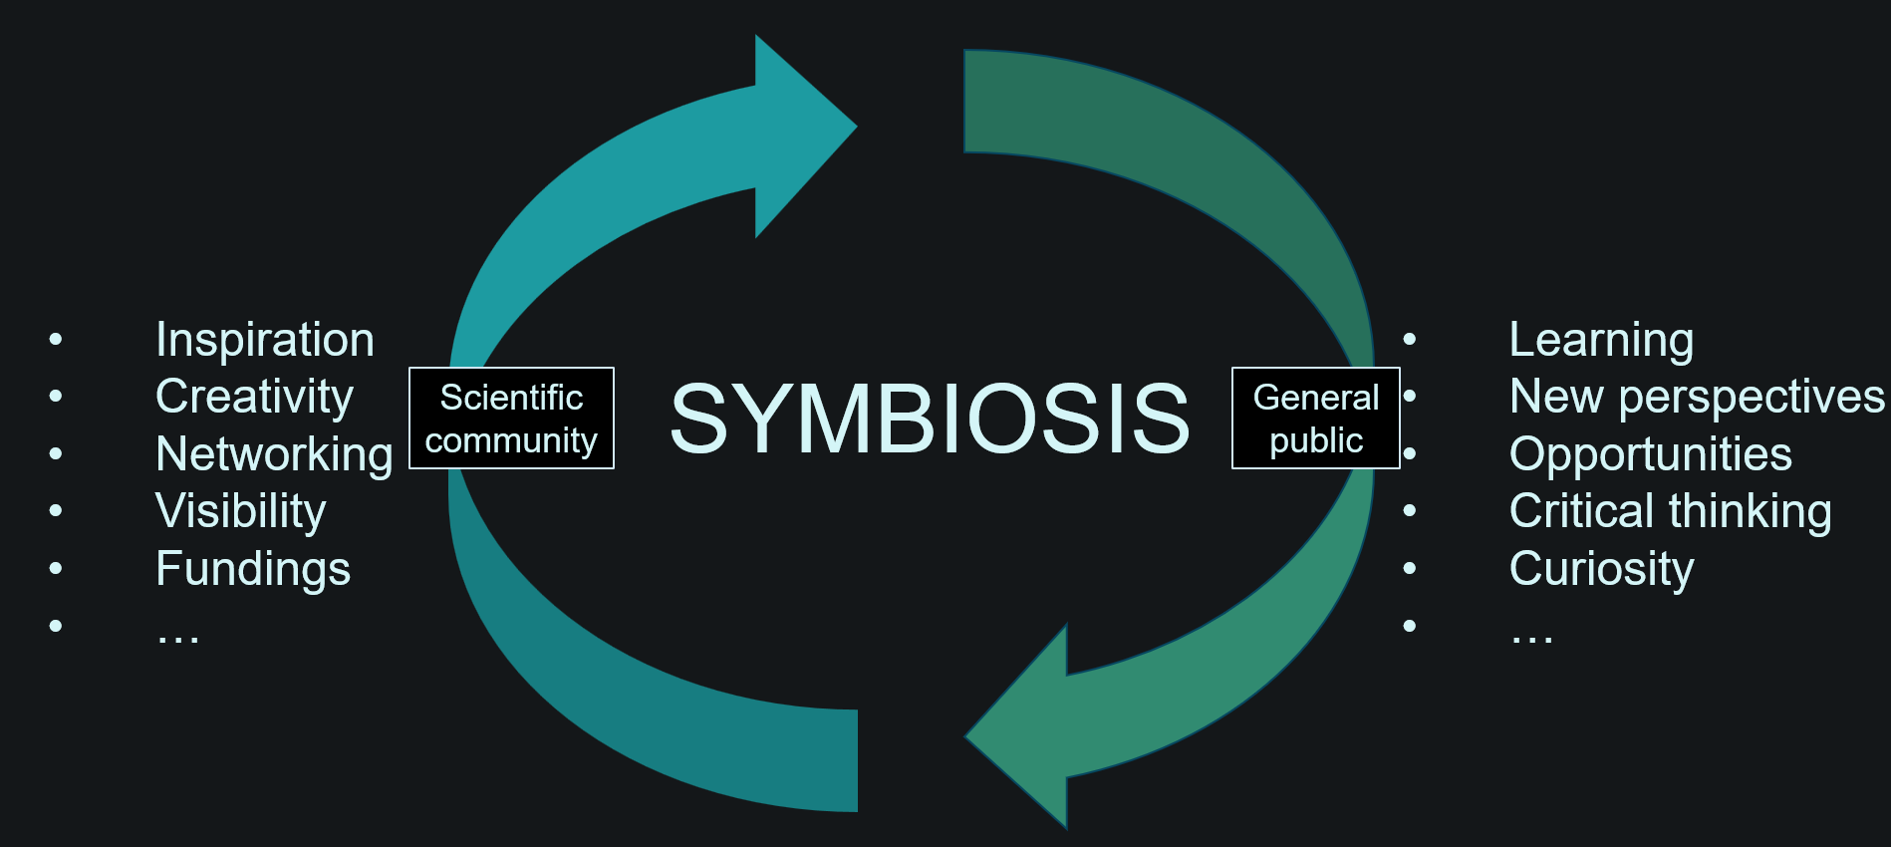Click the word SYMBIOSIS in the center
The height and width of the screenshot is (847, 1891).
tap(930, 419)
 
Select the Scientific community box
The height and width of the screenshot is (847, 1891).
tap(512, 419)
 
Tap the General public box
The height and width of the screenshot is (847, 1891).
tap(1316, 419)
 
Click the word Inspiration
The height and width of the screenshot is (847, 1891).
tap(265, 340)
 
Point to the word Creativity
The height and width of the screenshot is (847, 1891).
tap(255, 398)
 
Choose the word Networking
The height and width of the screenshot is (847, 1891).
tap(275, 455)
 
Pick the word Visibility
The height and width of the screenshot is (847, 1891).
tap(241, 512)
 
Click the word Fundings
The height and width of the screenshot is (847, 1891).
tap(253, 569)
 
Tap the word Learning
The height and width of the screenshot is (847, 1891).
tap(1601, 341)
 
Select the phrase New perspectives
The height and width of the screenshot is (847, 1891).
tap(1697, 398)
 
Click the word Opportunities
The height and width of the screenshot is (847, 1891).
tap(1651, 455)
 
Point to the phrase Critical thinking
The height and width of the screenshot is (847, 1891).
tap(1671, 512)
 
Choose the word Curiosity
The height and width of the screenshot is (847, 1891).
tap(1601, 570)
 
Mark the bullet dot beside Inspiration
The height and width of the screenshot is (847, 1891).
tap(56, 340)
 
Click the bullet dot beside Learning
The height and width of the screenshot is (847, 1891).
tap(1410, 340)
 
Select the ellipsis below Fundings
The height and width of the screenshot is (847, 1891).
tap(178, 639)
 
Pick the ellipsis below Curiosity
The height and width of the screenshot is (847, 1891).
tap(1531, 639)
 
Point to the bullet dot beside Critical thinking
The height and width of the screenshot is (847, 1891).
tap(1410, 511)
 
